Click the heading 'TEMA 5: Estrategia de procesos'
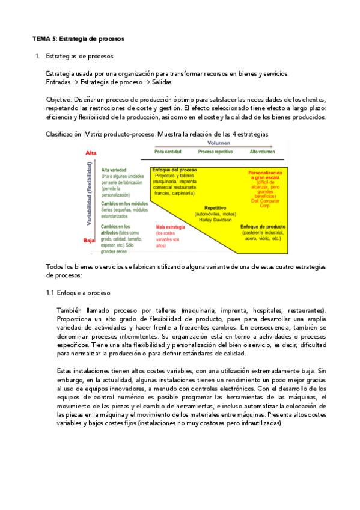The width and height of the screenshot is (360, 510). [x=78, y=39]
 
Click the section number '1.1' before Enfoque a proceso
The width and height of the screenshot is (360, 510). [x=50, y=293]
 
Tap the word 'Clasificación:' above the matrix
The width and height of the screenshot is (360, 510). [x=64, y=134]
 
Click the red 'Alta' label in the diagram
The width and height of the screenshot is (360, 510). [x=91, y=153]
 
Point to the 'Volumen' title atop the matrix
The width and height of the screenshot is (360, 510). [x=219, y=144]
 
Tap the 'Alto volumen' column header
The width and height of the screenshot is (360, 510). [x=264, y=152]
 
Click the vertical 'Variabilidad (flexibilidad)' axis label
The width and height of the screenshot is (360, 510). [x=89, y=196]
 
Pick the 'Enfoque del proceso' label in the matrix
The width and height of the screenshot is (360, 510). [x=174, y=170]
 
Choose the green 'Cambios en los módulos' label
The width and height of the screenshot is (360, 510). [x=124, y=204]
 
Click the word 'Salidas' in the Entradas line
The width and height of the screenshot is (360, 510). [x=161, y=82]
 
